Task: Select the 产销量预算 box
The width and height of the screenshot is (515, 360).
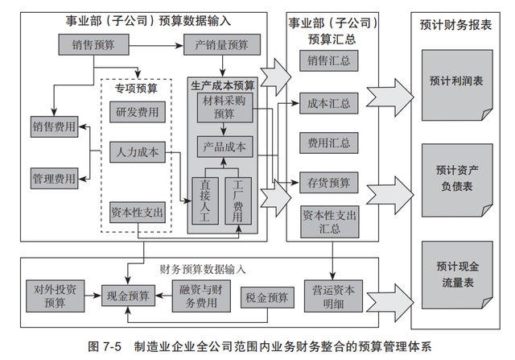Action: click(221, 44)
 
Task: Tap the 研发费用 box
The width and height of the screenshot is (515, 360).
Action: click(136, 112)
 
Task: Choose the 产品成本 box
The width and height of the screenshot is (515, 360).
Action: click(225, 147)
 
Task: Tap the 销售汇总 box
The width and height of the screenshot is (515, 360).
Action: click(328, 61)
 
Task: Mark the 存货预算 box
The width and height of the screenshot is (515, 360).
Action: click(328, 182)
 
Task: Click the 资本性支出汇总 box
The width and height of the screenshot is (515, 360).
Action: click(328, 221)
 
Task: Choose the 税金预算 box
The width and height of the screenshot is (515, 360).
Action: click(266, 297)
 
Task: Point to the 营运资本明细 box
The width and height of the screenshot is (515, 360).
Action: click(332, 296)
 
